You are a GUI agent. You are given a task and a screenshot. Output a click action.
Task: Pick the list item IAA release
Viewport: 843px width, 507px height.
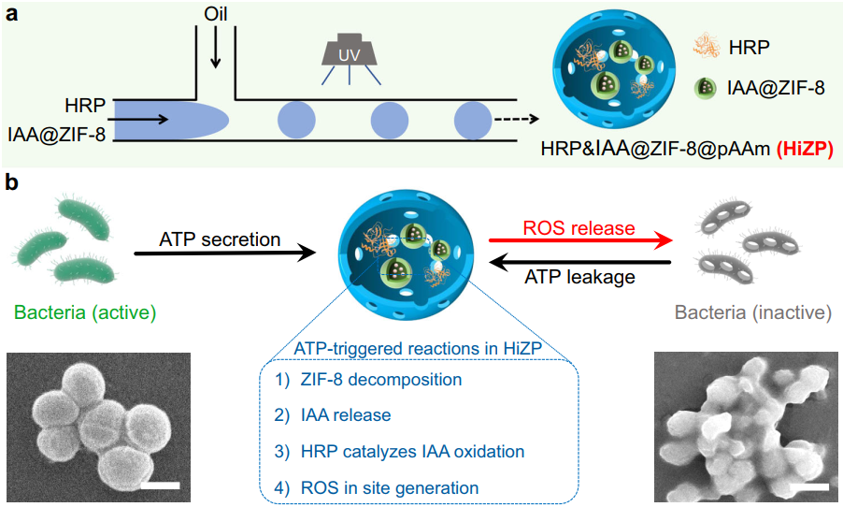[337, 415]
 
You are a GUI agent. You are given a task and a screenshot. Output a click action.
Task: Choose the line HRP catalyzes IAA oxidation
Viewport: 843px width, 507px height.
[411, 451]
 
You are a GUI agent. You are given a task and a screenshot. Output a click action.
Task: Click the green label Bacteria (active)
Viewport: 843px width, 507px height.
[85, 311]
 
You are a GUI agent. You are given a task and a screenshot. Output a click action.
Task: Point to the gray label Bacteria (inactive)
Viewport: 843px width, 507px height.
[757, 311]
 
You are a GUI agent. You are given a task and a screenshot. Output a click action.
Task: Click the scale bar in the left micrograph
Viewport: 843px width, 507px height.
[160, 485]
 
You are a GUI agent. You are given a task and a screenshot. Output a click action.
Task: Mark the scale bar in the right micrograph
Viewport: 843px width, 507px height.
[812, 487]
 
